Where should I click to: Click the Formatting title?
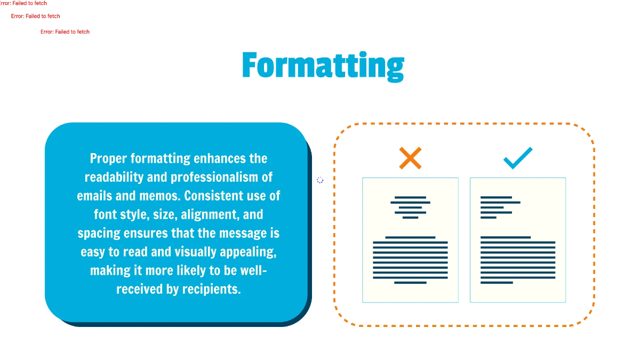(323, 66)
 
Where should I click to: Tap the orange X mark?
(410, 158)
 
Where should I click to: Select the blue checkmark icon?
(517, 158)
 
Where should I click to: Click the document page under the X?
(410, 240)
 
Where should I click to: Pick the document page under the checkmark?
(517, 240)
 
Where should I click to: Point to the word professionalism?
(216, 178)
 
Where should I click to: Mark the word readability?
(114, 178)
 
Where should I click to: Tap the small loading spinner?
(320, 180)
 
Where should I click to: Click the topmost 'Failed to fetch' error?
(23, 3)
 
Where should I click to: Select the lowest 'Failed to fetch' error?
(65, 32)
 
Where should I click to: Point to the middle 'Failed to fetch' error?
(36, 17)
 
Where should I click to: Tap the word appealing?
(251, 252)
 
